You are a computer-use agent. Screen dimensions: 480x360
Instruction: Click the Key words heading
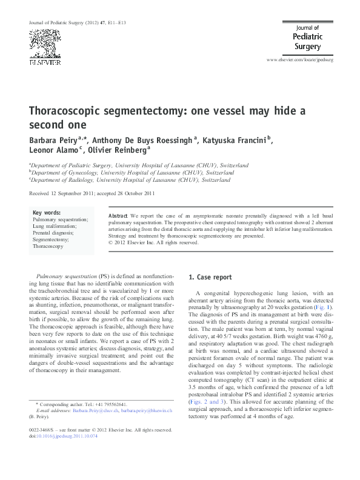pyautogui.click(x=47, y=213)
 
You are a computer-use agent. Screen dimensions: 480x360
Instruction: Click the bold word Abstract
pyautogui.click(x=118, y=216)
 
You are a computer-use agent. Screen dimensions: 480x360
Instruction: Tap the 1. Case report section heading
pyautogui.click(x=210, y=278)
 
